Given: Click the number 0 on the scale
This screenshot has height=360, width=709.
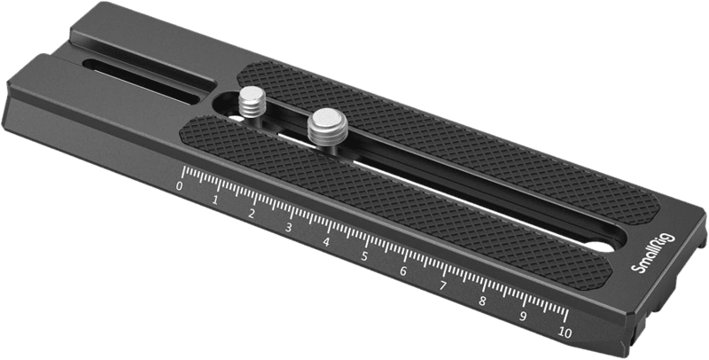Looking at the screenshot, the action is (180, 186).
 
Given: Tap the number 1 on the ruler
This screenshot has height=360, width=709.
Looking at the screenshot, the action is (215, 200).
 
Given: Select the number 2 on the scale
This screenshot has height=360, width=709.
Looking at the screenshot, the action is (252, 214).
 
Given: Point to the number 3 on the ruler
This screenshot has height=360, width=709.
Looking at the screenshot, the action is (289, 228).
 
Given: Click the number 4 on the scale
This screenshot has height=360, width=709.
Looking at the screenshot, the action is (326, 242).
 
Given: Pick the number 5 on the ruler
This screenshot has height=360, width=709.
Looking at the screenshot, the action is (364, 256).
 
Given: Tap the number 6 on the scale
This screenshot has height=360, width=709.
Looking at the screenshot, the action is (403, 271).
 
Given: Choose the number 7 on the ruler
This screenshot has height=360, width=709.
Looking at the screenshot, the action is (442, 286).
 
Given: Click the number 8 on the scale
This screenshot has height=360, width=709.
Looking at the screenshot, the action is (482, 301).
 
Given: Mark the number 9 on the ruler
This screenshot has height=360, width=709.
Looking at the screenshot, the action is (523, 317).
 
